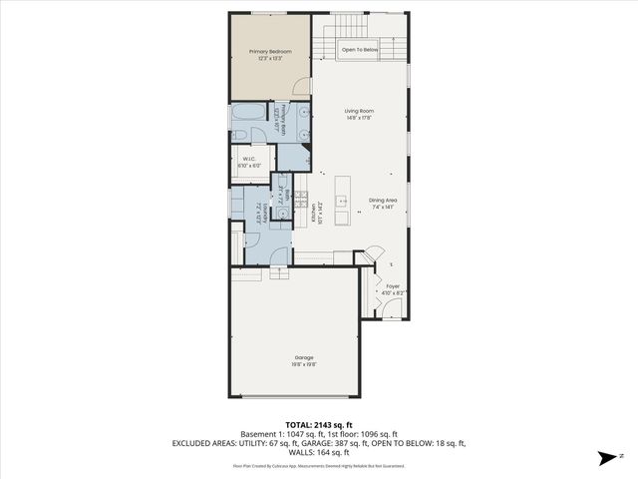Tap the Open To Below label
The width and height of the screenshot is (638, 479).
360,49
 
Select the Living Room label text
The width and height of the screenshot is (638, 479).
358,112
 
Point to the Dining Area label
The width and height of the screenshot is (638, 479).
383,200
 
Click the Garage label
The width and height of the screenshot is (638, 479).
304,357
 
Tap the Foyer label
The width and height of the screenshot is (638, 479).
392,286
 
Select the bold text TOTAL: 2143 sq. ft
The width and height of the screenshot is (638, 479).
318,424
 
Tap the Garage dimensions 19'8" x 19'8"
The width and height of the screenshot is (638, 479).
304,365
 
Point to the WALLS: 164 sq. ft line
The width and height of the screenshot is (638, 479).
318,452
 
